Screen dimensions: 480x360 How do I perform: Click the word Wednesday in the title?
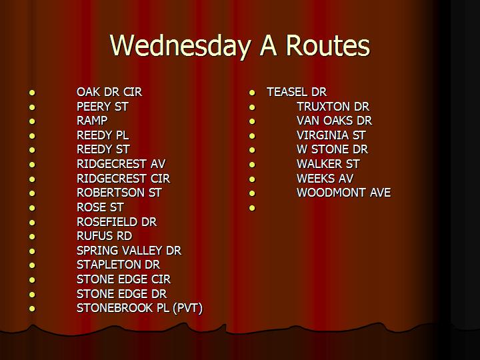pyautogui.click(x=180, y=46)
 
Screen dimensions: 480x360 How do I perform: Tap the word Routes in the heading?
pyautogui.click(x=328, y=45)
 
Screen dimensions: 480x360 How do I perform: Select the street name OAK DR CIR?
pyautogui.click(x=109, y=92)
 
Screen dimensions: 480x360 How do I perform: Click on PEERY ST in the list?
pyautogui.click(x=102, y=107)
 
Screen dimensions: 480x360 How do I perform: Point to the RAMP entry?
pyautogui.click(x=92, y=121)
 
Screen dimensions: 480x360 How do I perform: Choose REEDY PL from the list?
pyautogui.click(x=103, y=135)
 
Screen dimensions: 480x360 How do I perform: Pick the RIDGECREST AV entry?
pyautogui.click(x=121, y=164)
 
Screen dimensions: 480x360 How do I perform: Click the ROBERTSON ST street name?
pyautogui.click(x=119, y=193)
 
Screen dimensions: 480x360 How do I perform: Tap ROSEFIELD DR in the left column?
pyautogui.click(x=117, y=221)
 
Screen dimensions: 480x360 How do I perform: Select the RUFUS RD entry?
pyautogui.click(x=105, y=236)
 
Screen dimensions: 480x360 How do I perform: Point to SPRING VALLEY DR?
pyautogui.click(x=129, y=251)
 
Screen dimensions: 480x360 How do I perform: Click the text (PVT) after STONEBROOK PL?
pyautogui.click(x=187, y=308)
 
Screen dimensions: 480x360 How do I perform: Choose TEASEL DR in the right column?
pyautogui.click(x=297, y=92)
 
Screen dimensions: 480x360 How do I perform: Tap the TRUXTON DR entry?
pyautogui.click(x=333, y=107)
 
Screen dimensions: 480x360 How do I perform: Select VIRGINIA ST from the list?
pyautogui.click(x=331, y=135)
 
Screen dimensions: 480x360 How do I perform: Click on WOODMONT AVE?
pyautogui.click(x=344, y=193)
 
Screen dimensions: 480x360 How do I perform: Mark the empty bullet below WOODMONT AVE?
pyautogui.click(x=252, y=208)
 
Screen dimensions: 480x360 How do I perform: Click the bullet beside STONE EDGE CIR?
pyautogui.click(x=32, y=280)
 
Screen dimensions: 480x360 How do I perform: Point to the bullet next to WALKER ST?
pyautogui.click(x=252, y=165)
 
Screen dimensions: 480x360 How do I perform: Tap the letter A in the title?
pyautogui.click(x=269, y=45)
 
